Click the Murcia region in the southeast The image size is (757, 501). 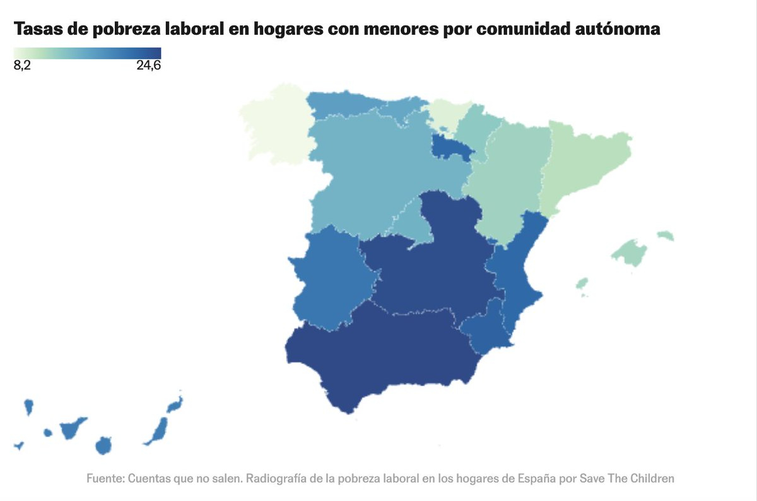point(485,329)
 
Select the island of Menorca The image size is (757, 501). point(665,236)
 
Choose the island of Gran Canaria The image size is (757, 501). point(103,445)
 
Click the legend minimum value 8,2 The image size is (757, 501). point(22,66)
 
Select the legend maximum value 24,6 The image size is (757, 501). point(149,66)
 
